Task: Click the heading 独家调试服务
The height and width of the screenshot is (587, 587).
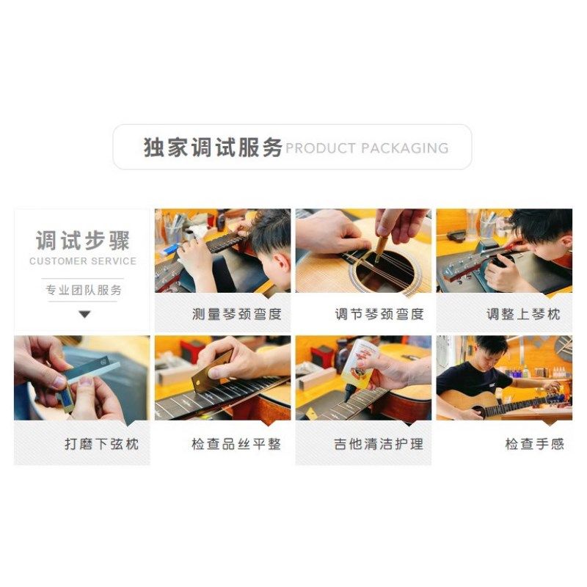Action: pos(213,147)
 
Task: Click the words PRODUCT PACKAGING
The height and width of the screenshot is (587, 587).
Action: pos(367,148)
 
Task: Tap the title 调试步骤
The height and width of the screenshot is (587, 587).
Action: pos(82,240)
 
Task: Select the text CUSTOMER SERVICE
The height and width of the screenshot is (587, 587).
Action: pos(82,261)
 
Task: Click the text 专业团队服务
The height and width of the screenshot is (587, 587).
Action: pos(82,290)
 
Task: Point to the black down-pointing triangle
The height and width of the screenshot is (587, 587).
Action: pos(84,314)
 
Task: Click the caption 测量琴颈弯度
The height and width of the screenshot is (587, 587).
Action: pos(236,314)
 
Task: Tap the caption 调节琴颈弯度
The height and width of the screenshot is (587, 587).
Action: pos(379,314)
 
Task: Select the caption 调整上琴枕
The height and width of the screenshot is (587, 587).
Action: pos(522,314)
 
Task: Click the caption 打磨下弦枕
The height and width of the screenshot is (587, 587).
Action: pos(101,444)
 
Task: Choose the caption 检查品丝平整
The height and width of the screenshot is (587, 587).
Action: pos(236,444)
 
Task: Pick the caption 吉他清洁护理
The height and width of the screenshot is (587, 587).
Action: pos(379,444)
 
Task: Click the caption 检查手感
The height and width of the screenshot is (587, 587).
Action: pos(534,444)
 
